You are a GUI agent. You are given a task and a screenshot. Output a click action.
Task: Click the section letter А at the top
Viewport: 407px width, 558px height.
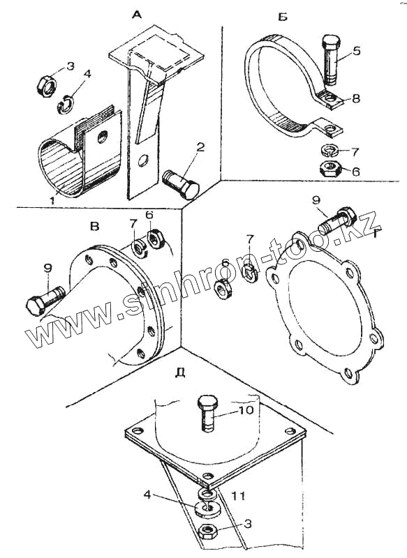[137, 15]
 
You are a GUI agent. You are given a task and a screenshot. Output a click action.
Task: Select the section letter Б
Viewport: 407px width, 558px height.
[282, 16]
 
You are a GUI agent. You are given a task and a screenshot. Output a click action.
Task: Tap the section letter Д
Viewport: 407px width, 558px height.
[181, 372]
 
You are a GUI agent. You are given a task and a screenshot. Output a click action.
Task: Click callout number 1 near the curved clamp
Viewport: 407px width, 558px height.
[52, 200]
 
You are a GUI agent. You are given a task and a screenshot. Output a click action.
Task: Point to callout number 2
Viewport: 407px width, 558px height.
[200, 148]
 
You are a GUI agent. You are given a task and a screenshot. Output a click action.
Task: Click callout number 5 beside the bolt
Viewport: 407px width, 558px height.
[356, 51]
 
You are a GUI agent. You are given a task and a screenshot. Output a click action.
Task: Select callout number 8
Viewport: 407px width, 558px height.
[356, 98]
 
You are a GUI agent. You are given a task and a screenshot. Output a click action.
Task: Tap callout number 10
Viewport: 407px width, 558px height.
[246, 410]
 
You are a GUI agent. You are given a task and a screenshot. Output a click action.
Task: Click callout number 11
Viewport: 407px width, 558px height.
[237, 495]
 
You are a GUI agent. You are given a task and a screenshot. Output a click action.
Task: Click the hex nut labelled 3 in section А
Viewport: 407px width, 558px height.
[47, 86]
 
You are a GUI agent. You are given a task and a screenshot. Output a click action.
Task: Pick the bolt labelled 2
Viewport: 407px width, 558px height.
[181, 185]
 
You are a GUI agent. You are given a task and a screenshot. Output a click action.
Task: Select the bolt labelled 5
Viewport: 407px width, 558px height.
[331, 60]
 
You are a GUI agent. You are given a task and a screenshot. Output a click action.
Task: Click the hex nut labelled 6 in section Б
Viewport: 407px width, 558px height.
[331, 168]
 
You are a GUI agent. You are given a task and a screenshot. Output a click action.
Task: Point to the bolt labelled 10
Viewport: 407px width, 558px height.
[207, 413]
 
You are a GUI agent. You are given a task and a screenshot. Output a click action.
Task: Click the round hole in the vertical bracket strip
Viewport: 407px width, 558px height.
[144, 160]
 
